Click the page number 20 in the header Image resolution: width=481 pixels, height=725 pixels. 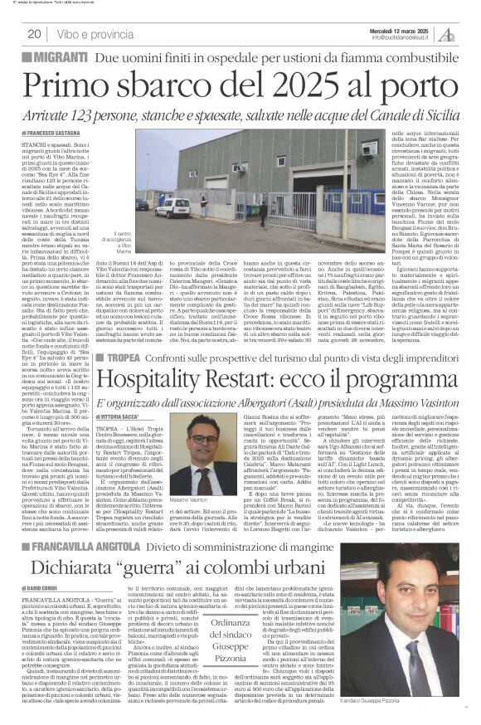coord(35,34)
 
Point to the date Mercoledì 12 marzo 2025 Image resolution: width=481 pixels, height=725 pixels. coord(404,29)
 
